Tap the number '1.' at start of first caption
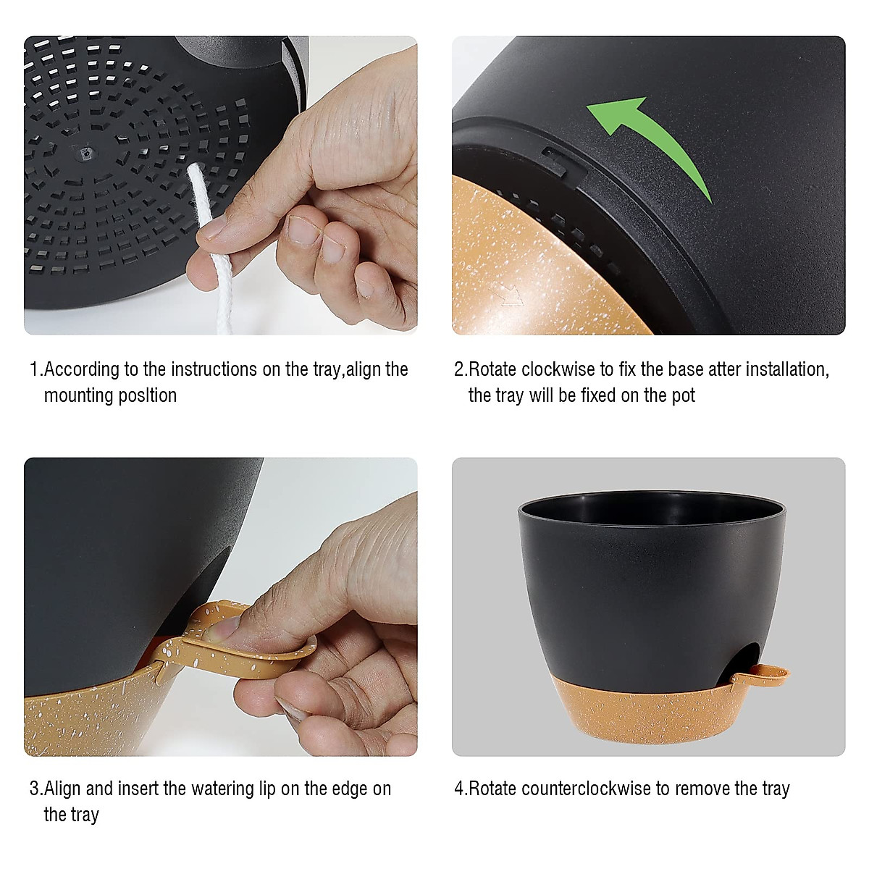[x=35, y=369]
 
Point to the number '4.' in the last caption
[x=461, y=788]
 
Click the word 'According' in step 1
[x=82, y=369]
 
